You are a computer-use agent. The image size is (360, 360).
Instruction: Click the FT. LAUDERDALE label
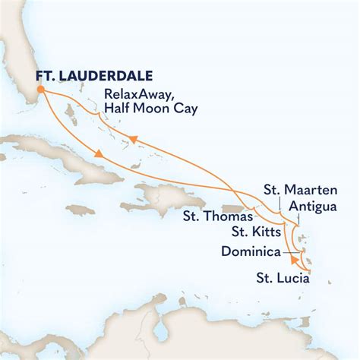94,76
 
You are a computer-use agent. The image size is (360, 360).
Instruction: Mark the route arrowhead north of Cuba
99,156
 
